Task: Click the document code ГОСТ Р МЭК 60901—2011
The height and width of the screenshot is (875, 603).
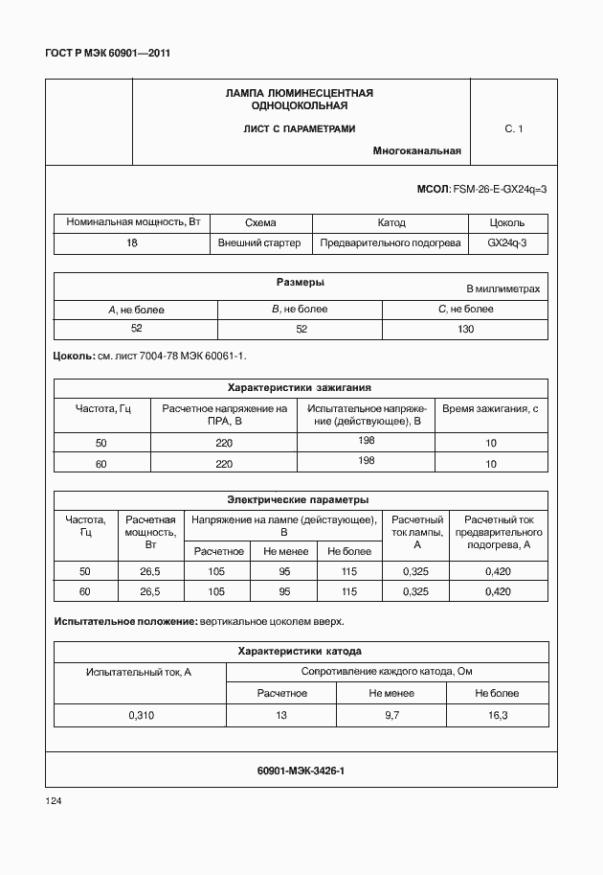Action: click(107, 53)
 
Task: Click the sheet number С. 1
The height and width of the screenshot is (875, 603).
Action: click(513, 127)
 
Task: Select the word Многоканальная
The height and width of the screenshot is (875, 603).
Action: click(417, 150)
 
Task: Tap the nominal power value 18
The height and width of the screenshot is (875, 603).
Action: click(132, 242)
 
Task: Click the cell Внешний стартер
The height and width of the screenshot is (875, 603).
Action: click(259, 242)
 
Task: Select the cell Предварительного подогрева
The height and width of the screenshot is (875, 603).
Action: click(391, 242)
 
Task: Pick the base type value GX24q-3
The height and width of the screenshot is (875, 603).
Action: click(507, 242)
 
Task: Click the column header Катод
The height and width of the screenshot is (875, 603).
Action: click(391, 222)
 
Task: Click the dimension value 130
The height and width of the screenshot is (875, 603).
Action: click(465, 328)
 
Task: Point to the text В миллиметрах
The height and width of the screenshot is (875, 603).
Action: click(502, 288)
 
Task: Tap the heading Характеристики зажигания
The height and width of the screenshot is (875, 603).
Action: click(299, 388)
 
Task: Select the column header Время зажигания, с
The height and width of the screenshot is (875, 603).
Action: click(491, 409)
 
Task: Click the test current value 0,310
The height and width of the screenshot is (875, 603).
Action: click(140, 715)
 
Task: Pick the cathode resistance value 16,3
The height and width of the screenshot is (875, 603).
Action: click(496, 715)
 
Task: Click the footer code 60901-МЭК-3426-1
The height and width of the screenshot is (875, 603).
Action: click(301, 770)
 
